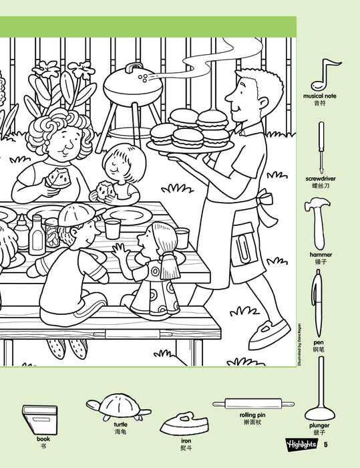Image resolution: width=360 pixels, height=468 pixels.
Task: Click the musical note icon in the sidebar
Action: pos(329,73)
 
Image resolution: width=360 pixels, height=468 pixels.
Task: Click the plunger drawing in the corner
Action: pos(321,388)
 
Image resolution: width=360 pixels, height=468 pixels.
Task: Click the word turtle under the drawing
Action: pos(120,425)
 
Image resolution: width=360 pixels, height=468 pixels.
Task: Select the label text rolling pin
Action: pos(252,415)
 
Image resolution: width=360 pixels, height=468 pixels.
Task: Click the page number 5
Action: pos(325,444)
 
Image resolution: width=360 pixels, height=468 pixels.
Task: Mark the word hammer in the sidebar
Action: pos(321,255)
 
